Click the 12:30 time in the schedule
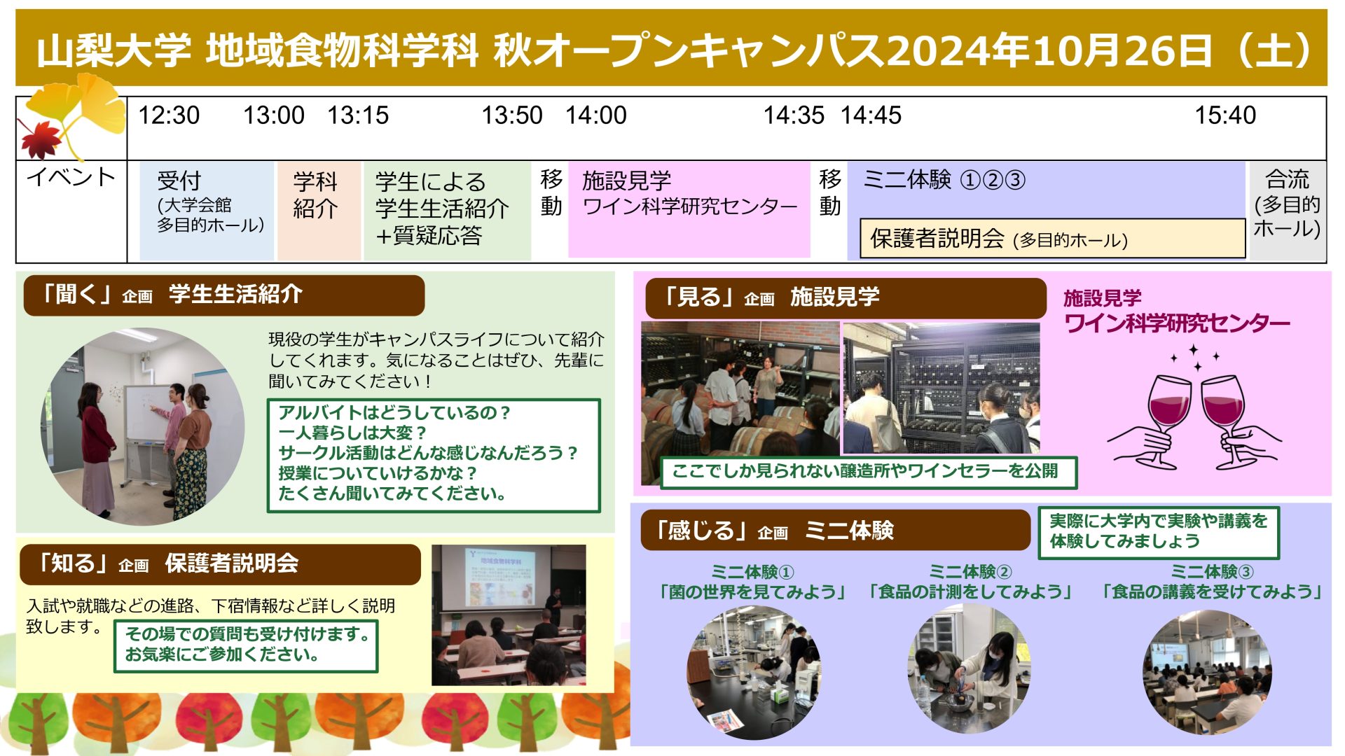pyautogui.click(x=169, y=115)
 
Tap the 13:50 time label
pyautogui.click(x=511, y=115)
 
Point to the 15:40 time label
pyautogui.click(x=1225, y=115)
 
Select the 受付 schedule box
pyautogui.click(x=207, y=211)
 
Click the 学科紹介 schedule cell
pyautogui.click(x=319, y=211)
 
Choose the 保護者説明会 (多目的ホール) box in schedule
pyautogui.click(x=1052, y=239)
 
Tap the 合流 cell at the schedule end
pyautogui.click(x=1287, y=211)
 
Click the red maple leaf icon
pyautogui.click(x=41, y=137)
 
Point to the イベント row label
pyautogui.click(x=71, y=177)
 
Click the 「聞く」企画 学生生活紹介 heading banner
pyautogui.click(x=224, y=295)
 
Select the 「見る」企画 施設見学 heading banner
pyautogui.click(x=846, y=298)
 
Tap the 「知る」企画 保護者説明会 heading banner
pyautogui.click(x=220, y=564)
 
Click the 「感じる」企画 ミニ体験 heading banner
pyautogui.click(x=835, y=531)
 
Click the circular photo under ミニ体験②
pyautogui.click(x=970, y=669)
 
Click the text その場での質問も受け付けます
pyautogui.click(x=247, y=634)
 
